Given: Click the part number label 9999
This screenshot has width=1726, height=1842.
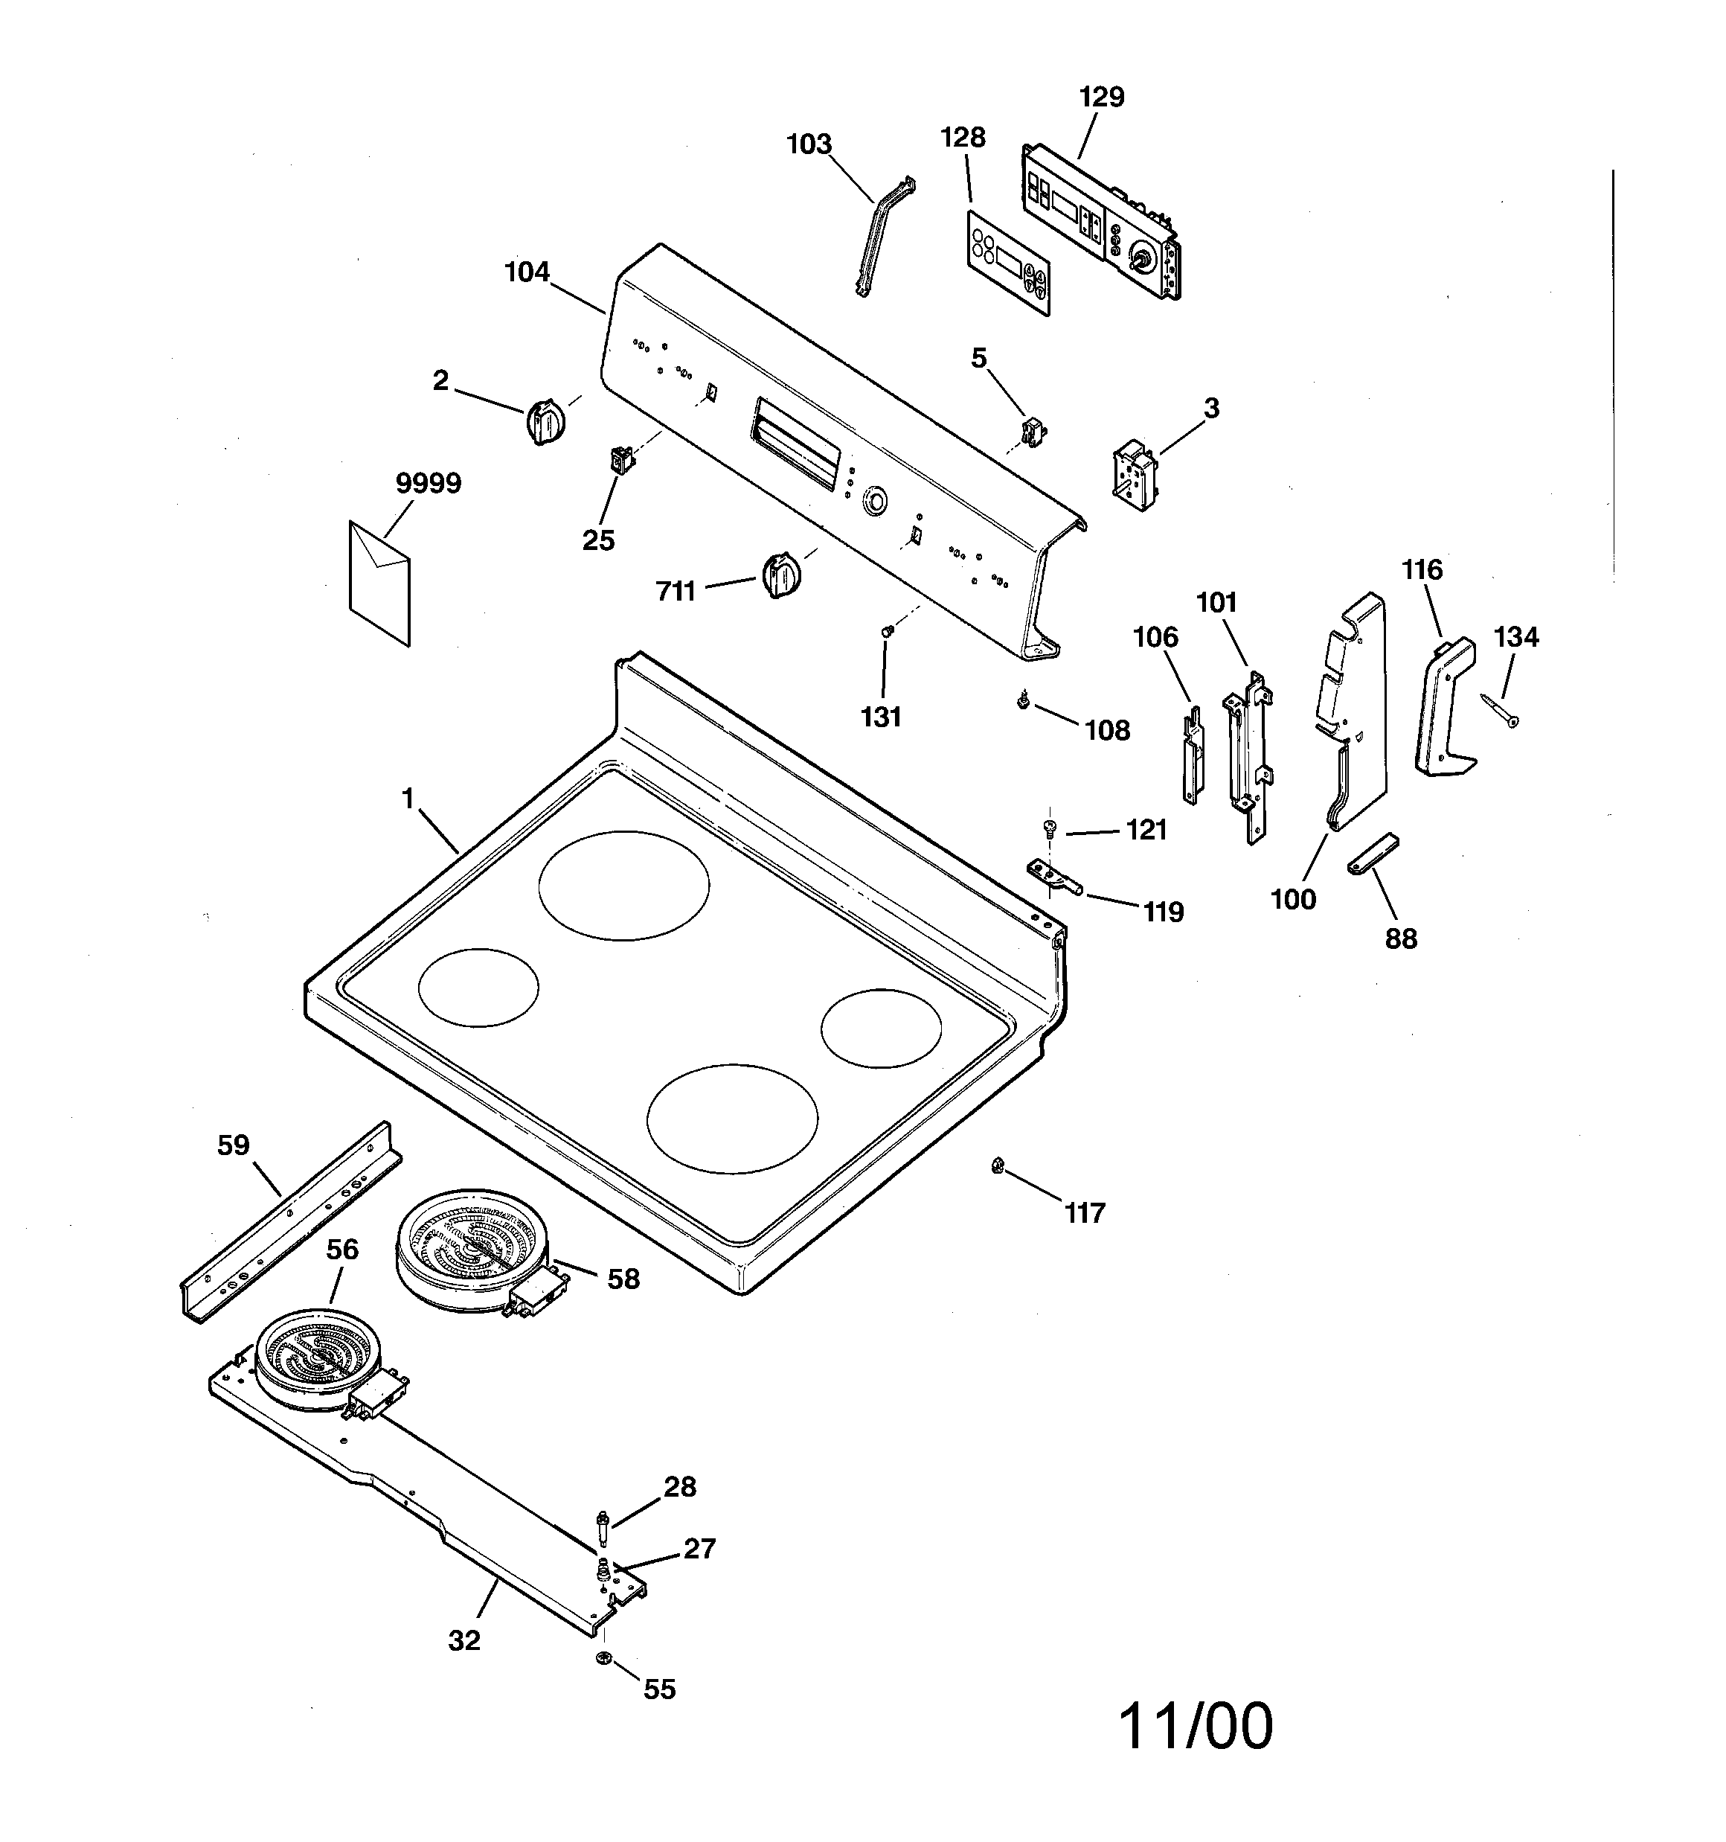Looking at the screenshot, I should click(x=428, y=483).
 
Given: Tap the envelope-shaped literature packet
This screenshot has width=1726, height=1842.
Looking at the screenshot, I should click(x=379, y=581).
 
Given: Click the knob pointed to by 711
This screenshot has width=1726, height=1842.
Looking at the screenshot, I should click(x=780, y=575).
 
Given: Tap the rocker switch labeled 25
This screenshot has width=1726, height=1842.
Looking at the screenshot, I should click(x=619, y=458).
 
